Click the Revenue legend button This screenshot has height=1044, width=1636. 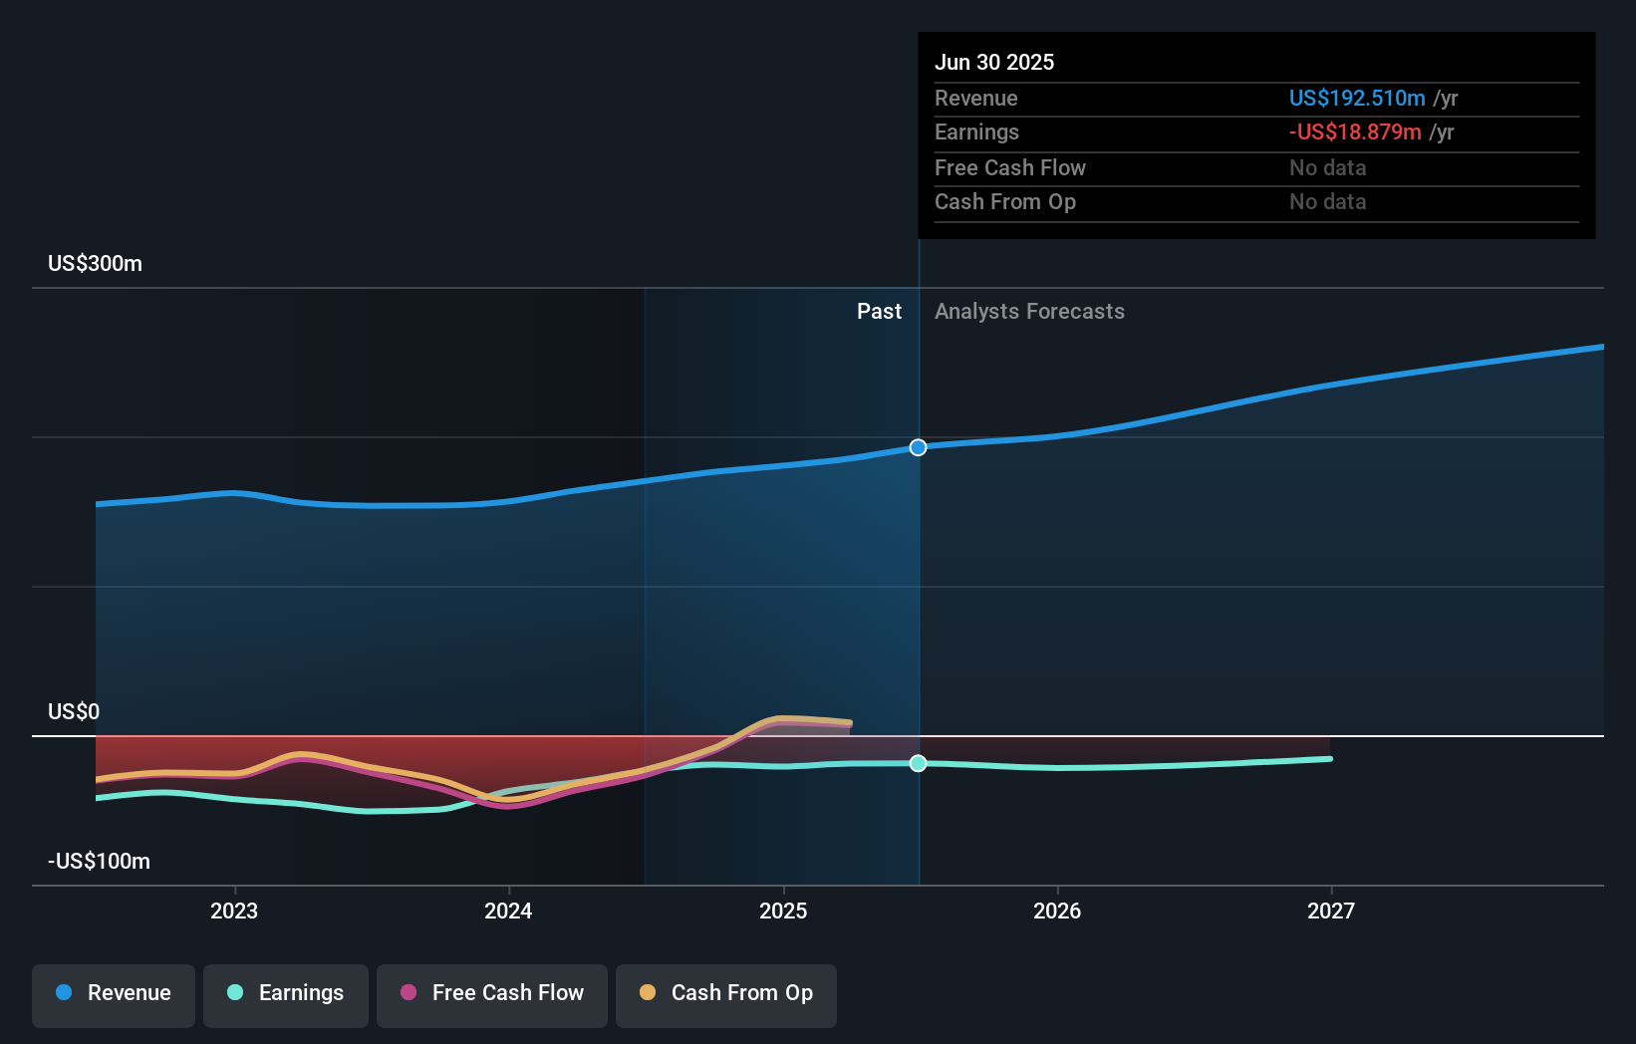coord(114,994)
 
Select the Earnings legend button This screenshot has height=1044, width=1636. coord(286,994)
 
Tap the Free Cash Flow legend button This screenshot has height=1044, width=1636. coord(492,994)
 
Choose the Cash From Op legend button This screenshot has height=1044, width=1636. coord(726,994)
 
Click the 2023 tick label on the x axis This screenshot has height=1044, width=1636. coord(234,912)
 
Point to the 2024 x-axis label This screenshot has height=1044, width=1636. coord(508,912)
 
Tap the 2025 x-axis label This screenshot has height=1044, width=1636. coord(783,912)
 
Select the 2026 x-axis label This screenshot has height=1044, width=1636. coord(1057,912)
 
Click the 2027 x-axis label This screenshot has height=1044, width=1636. coord(1331,912)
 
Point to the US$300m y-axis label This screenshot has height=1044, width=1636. coord(95,264)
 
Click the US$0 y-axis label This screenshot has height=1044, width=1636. coord(74,712)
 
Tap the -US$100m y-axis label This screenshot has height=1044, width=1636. coord(99,862)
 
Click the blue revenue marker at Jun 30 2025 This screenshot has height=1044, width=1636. coord(919,447)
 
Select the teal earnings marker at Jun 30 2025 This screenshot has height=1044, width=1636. coord(919,763)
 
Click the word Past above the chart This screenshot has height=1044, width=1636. coord(879,312)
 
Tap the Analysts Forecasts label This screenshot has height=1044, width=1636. coord(1029,312)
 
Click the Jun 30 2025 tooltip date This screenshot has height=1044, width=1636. coord(994,63)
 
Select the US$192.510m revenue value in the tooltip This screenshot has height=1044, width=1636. coord(1357,99)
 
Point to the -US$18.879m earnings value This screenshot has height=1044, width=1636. coord(1355,132)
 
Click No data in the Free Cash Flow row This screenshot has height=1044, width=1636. coord(1327,168)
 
